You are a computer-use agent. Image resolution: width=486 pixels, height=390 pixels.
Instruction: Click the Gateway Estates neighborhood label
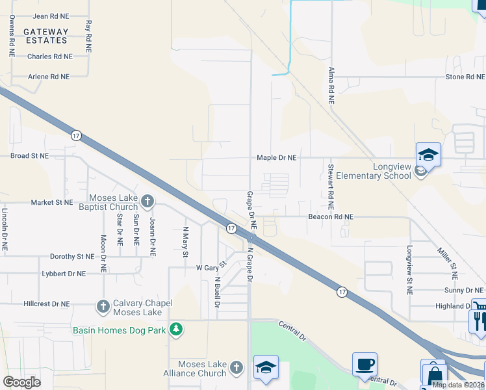tap(45, 36)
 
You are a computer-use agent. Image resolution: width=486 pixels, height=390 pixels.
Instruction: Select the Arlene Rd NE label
tap(49, 77)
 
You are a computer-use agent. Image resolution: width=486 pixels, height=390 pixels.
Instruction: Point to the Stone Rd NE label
tap(465, 77)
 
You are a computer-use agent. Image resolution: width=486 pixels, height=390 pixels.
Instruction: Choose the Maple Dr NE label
tap(276, 158)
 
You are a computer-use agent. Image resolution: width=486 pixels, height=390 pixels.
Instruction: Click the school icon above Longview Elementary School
tap(428, 155)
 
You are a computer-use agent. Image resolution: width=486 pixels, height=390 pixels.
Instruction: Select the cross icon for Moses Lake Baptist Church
tap(147, 201)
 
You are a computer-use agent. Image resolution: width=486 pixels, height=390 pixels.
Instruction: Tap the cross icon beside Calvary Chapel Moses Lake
tap(103, 305)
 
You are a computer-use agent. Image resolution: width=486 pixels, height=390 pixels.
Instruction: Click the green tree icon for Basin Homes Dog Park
tap(175, 329)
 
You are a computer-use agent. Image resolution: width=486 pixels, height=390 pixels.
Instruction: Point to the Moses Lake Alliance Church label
tap(198, 369)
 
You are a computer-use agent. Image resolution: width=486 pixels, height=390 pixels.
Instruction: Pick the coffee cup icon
tap(364, 364)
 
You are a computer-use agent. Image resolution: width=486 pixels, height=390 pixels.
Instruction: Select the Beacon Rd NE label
tap(330, 216)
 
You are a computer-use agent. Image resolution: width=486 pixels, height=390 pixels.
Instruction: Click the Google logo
tap(22, 382)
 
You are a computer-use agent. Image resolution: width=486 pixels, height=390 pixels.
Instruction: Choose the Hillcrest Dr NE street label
tap(46, 304)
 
